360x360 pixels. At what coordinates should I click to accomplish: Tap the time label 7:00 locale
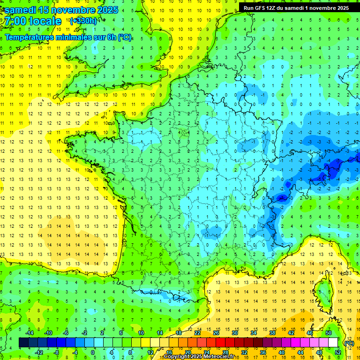click(33, 21)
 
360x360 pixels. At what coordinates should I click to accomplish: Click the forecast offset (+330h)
click(83, 21)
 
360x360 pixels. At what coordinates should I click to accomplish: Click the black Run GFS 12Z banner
click(296, 7)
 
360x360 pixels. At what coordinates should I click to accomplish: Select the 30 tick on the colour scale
click(235, 332)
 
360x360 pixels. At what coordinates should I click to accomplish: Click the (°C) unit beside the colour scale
click(349, 343)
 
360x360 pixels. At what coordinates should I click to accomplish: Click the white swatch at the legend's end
click(333, 342)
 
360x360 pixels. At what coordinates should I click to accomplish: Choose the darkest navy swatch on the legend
click(23, 342)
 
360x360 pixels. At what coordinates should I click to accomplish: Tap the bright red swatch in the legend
click(221, 342)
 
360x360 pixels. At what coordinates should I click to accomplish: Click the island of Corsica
click(322, 291)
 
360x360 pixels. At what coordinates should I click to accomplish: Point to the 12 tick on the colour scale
click(150, 352)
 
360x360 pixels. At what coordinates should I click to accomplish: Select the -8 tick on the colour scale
click(57, 352)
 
